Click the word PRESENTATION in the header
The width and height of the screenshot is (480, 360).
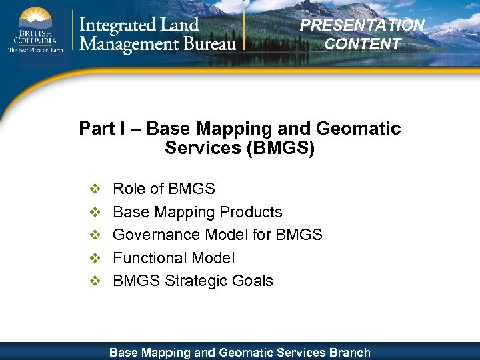tap(362, 25)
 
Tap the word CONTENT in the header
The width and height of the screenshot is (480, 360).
tap(363, 44)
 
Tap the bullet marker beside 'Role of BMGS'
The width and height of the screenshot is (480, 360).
tap(95, 189)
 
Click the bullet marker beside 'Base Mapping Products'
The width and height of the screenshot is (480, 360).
tap(95, 212)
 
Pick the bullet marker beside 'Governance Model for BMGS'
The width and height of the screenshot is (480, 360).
tap(95, 235)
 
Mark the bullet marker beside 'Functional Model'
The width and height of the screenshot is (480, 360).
tap(95, 258)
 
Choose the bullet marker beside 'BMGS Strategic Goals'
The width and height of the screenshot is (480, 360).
tap(95, 281)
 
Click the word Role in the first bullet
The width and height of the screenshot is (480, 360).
tap(129, 189)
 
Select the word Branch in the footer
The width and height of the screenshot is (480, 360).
tap(349, 352)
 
